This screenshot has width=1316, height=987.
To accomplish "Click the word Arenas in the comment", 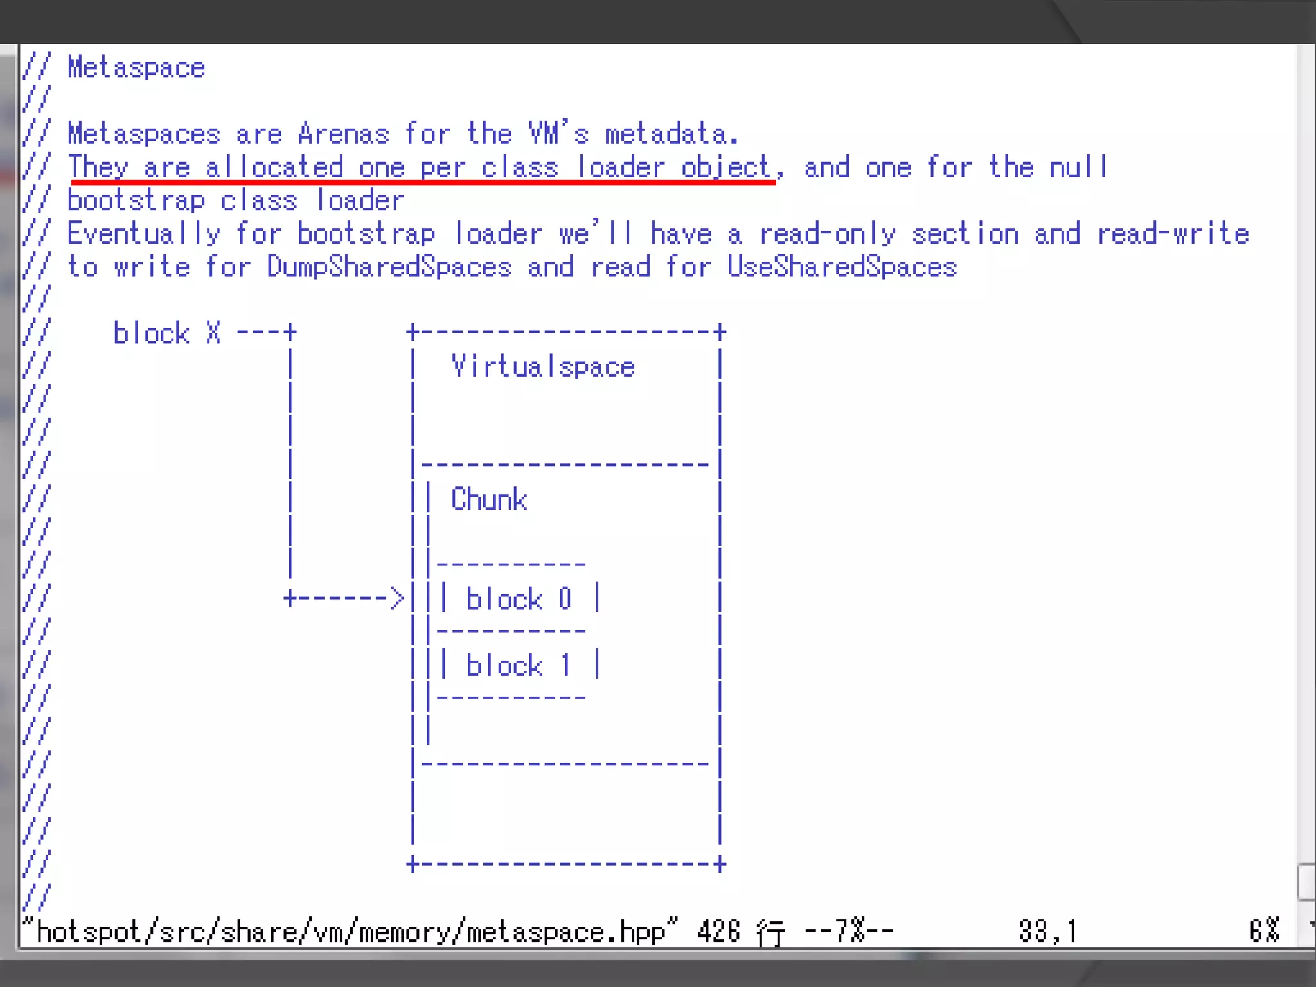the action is coord(344,134).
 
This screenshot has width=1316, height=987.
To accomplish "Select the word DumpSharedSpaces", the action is coord(389,267).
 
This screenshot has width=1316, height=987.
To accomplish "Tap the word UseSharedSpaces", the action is coord(842,267).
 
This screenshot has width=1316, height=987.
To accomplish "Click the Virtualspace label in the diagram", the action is coord(543,367).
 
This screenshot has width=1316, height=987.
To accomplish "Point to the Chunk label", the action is coord(489,500).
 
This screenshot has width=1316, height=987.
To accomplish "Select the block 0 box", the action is coord(519,599).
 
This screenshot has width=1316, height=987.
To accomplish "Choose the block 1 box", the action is coord(519,665).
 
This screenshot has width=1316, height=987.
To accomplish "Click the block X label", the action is coord(167,333).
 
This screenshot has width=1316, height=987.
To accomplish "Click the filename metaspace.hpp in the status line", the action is coord(565,932).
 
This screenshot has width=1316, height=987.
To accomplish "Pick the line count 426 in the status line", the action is coord(718,932).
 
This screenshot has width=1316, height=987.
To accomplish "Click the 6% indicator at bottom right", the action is coord(1264,932).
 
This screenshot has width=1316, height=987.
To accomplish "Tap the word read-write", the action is coord(1173,234).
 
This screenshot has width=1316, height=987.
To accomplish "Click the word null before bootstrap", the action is coord(1079,168).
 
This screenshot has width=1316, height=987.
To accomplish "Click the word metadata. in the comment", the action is coord(671,134).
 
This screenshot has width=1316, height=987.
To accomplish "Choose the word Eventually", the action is coord(144,234).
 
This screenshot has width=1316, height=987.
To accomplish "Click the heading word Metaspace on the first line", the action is coord(136,68).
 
